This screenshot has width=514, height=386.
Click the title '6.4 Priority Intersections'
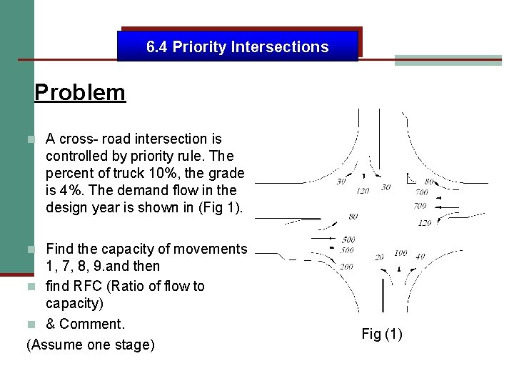[x=237, y=47]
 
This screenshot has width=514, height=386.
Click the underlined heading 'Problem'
[x=80, y=92]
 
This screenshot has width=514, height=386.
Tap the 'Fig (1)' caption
[x=382, y=334]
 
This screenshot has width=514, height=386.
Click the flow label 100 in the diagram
[x=400, y=253]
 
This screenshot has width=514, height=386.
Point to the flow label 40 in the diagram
[x=420, y=257]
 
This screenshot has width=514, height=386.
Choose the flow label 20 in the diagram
[x=379, y=257]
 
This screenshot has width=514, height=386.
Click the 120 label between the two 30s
[x=363, y=191]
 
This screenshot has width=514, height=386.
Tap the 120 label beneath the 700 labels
[x=424, y=223]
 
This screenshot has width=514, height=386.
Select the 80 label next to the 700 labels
[x=429, y=182]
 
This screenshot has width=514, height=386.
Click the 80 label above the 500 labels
[x=353, y=216]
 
